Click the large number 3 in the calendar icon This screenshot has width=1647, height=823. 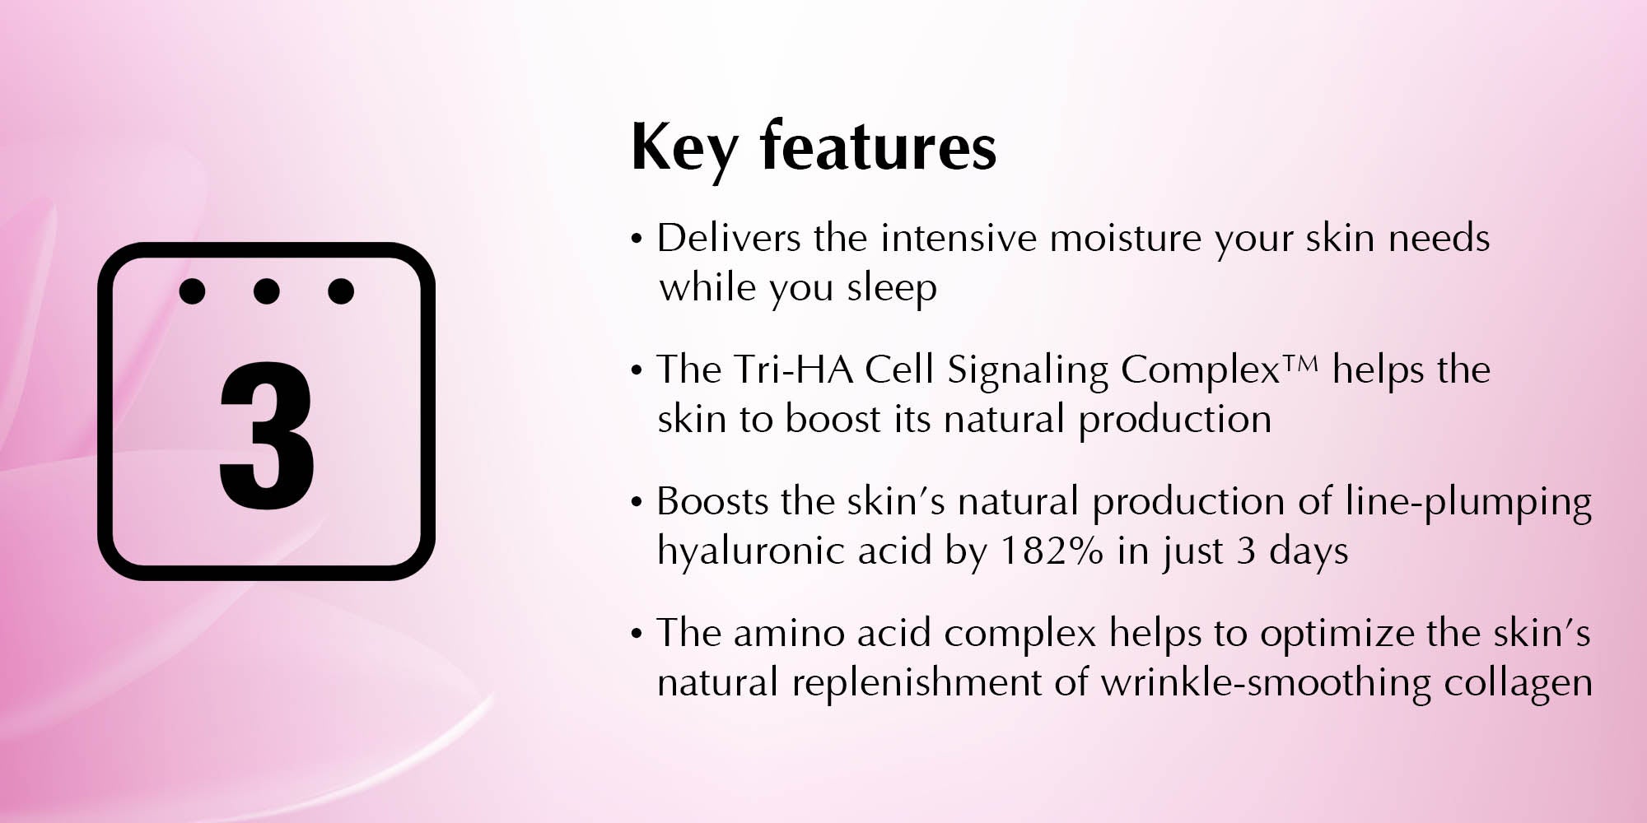tap(266, 435)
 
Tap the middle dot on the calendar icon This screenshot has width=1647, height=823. tap(266, 291)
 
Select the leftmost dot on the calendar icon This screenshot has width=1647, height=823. tap(192, 291)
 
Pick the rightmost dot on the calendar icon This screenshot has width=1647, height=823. tap(341, 291)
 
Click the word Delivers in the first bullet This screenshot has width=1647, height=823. tap(729, 239)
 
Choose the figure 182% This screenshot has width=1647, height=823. tap(1051, 551)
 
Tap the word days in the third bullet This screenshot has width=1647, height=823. tap(1309, 552)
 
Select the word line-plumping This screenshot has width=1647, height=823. tap(1468, 503)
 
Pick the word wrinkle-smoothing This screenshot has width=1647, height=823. tap(1266, 684)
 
